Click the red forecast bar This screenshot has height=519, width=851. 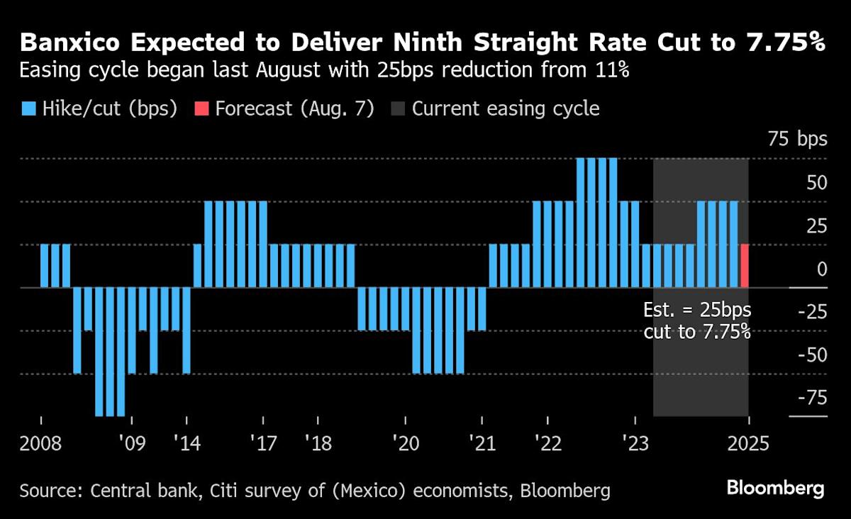(x=745, y=266)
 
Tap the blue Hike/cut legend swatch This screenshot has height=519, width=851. (x=28, y=109)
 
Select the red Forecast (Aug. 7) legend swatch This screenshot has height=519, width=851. (x=201, y=109)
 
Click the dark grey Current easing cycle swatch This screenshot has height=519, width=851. (x=399, y=109)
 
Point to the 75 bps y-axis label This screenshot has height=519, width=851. (x=798, y=139)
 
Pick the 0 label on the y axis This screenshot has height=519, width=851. (x=821, y=269)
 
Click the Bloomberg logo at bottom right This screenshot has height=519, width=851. (x=775, y=489)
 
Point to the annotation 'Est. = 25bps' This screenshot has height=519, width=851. (x=696, y=311)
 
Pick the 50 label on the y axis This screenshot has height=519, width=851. (x=816, y=182)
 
